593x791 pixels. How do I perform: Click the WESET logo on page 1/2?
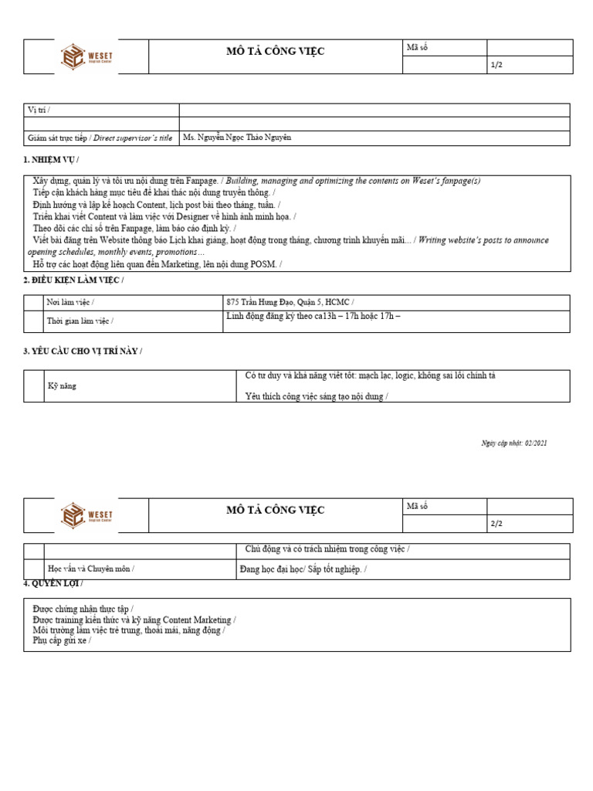(x=86, y=57)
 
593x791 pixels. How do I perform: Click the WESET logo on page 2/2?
(x=86, y=516)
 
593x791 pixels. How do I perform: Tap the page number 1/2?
(x=496, y=66)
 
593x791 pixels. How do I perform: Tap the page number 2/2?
(x=496, y=525)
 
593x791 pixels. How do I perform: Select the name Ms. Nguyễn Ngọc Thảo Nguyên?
(x=237, y=137)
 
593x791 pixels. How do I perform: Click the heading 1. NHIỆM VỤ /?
(x=51, y=159)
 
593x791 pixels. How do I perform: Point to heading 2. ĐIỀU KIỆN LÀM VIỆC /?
(x=73, y=279)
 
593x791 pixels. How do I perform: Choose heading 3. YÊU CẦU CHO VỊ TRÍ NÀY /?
(x=83, y=351)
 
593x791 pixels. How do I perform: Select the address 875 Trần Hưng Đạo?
(x=290, y=302)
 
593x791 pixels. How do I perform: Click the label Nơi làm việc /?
(x=72, y=303)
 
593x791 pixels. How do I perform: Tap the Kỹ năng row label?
(x=63, y=385)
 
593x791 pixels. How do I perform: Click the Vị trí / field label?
(x=39, y=110)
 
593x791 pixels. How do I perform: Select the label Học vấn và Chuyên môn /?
(x=91, y=569)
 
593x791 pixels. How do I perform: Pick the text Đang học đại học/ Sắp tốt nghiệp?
(x=303, y=569)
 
